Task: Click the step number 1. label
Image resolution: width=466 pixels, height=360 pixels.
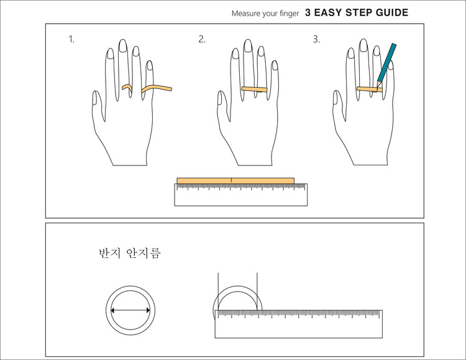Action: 71,39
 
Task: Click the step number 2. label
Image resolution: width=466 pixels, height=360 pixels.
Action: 202,39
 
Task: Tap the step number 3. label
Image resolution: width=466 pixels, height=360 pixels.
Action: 316,39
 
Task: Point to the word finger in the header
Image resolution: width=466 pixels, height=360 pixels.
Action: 289,14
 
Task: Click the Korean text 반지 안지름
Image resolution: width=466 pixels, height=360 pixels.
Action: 130,253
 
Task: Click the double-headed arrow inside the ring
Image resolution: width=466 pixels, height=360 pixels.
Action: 130,311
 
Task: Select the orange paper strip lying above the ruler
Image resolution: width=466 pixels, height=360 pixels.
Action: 235,181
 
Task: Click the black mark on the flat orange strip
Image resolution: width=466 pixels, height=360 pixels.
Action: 231,180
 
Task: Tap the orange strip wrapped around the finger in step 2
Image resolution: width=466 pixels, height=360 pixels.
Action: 254,89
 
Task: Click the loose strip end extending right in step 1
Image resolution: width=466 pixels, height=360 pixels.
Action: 157,88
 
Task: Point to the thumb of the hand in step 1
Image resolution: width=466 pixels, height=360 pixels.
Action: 98,106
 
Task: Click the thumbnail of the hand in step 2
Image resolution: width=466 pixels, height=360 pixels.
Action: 220,98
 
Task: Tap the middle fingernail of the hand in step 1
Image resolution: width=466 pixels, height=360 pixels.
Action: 123,46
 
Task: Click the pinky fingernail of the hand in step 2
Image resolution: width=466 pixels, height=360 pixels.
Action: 275,65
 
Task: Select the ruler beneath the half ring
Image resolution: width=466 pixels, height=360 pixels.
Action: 299,324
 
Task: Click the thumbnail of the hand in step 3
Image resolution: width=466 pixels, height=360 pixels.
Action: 336,98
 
